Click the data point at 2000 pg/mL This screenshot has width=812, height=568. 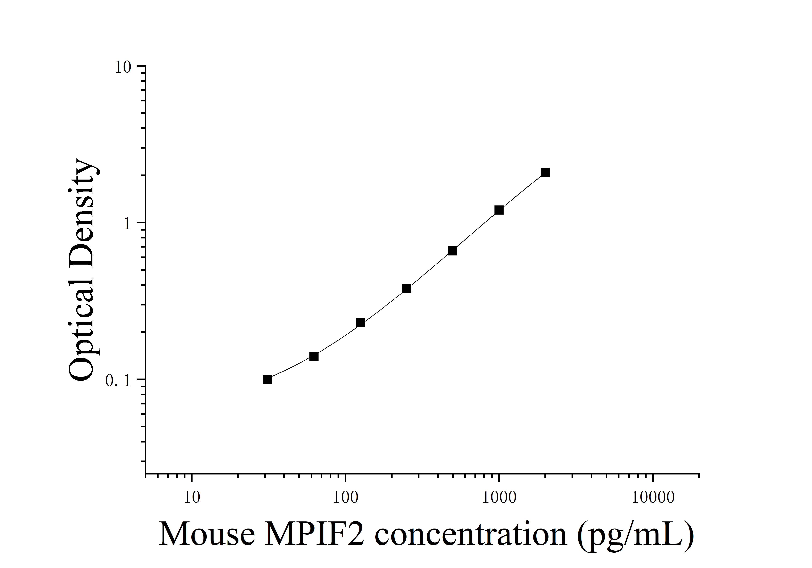pos(545,173)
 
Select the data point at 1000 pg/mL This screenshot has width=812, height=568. pos(499,210)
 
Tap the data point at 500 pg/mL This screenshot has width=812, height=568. pos(453,251)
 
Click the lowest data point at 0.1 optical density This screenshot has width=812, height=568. pos(268,379)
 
